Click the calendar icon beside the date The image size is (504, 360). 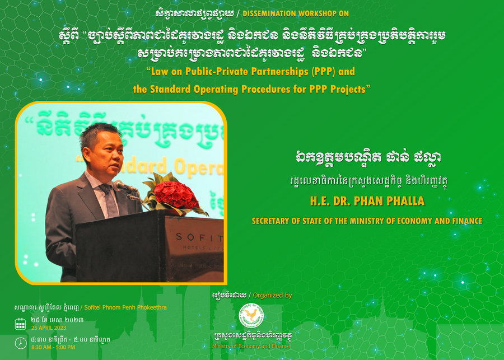pos(21,324)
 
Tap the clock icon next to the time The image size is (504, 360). pos(21,343)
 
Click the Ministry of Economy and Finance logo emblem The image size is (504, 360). pos(251,316)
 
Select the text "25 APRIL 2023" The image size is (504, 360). pos(49,328)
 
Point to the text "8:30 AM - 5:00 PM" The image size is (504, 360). pos(53,347)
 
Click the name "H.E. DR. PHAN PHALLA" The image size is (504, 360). pos(367,201)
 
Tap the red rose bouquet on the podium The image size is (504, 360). pos(174,194)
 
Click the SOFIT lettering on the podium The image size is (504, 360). pos(199,238)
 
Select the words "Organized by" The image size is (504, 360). pos(272,296)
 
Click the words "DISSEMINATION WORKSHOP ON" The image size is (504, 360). pos(296,13)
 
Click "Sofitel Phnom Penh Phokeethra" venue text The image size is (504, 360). pos(125,307)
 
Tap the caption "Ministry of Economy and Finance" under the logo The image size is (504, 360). pos(251,346)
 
